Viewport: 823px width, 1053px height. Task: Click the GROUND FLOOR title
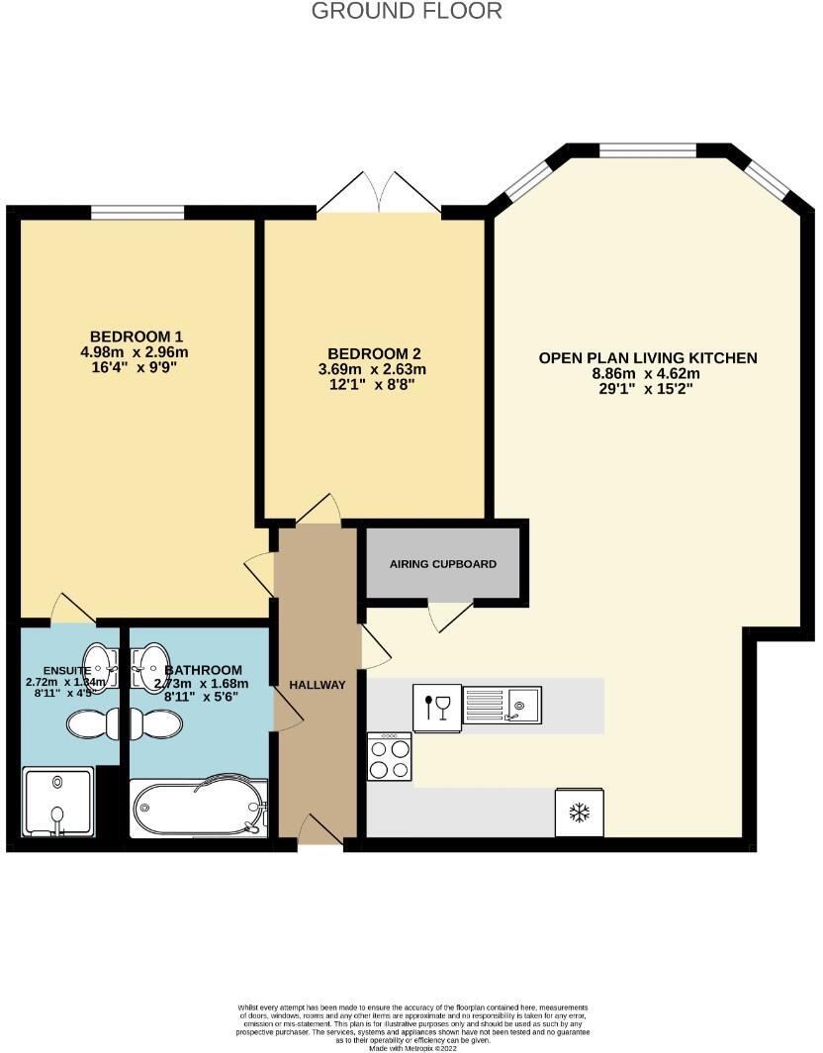pos(407,12)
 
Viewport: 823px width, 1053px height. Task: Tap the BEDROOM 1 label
pos(137,335)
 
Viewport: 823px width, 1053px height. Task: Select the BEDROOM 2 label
pos(375,353)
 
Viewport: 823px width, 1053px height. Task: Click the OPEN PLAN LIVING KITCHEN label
pos(647,357)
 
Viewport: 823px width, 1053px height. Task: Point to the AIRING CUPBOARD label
pos(442,564)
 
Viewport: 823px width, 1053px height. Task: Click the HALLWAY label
pos(317,685)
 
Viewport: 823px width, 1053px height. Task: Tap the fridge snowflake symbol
pos(579,813)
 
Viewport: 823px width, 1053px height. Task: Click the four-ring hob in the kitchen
pos(389,757)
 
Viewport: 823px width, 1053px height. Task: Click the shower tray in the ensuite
pos(57,803)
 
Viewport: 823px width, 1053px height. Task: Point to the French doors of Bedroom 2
pos(379,194)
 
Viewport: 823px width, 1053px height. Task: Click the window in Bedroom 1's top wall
pos(137,212)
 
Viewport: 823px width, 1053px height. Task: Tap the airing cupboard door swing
pos(450,616)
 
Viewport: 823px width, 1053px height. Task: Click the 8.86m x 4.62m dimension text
pos(646,374)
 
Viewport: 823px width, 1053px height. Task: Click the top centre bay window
pos(648,150)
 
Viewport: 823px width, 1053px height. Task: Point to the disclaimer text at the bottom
pos(410,1022)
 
